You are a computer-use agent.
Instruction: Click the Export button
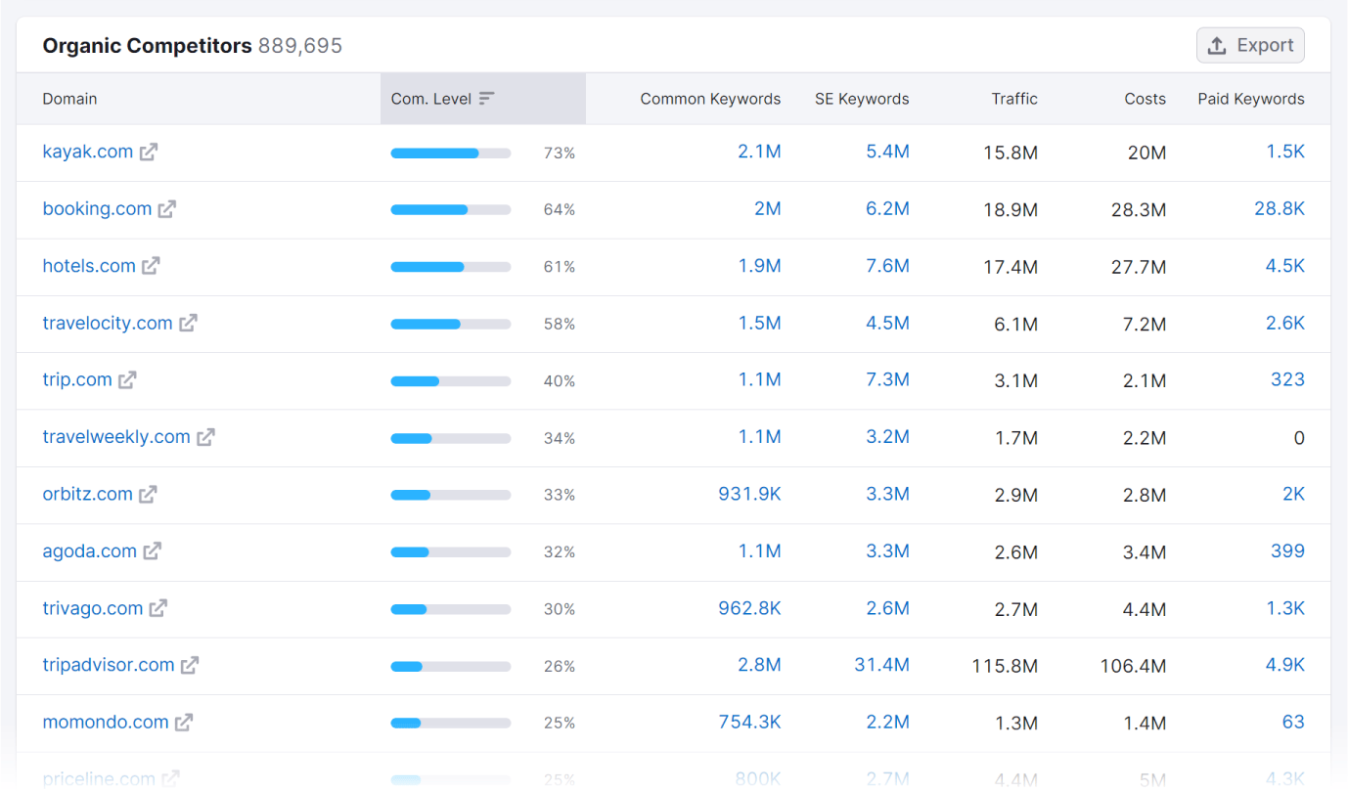(x=1250, y=45)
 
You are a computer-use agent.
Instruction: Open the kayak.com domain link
(x=88, y=152)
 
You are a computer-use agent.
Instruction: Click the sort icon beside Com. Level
(x=487, y=99)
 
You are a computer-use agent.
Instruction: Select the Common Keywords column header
(x=710, y=99)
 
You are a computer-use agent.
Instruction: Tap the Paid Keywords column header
(x=1250, y=99)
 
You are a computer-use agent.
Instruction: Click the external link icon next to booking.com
(x=167, y=209)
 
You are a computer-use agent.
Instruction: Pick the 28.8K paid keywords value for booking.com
(x=1280, y=208)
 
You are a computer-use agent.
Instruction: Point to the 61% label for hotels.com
(x=560, y=267)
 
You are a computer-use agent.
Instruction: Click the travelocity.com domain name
(x=108, y=323)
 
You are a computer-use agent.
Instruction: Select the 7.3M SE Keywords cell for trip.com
(x=887, y=379)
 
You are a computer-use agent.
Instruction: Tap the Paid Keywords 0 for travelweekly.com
(x=1299, y=438)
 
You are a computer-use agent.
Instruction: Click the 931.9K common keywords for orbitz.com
(x=749, y=494)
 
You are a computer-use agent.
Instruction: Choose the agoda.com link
(x=90, y=550)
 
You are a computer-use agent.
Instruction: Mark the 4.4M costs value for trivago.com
(x=1145, y=609)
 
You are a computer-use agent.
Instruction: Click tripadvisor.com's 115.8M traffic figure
(x=1005, y=666)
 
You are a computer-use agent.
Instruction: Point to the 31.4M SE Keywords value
(x=881, y=665)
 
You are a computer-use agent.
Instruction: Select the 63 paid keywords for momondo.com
(x=1293, y=722)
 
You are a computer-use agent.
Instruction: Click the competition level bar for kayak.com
(x=450, y=154)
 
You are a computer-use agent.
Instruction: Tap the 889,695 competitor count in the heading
(x=300, y=46)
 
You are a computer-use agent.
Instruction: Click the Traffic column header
(x=1014, y=99)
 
